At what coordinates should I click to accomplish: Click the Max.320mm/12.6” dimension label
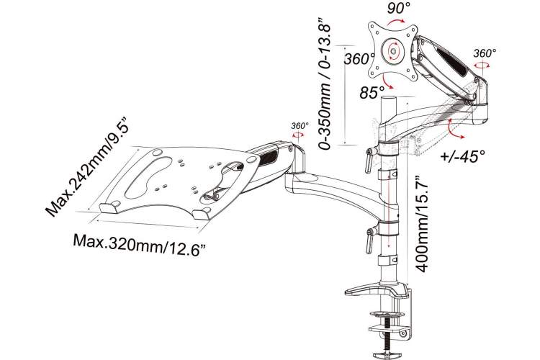coord(141,244)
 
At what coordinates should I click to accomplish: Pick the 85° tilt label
coord(372,92)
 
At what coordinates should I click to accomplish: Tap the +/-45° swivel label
coord(462,156)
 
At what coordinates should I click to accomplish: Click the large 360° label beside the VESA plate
coord(359,59)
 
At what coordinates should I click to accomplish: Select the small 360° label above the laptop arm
coord(300,126)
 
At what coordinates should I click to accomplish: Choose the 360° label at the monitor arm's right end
coord(485,53)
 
